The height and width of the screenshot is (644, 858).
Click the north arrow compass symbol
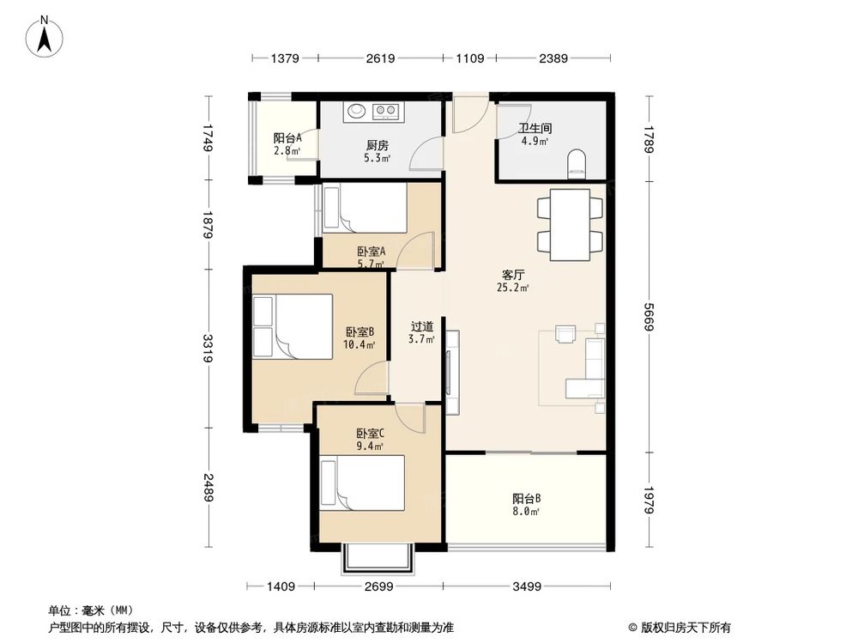click(45, 37)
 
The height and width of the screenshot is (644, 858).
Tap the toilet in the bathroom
click(577, 164)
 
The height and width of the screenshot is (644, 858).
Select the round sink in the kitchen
click(357, 111)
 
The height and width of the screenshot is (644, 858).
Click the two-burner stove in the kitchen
click(385, 111)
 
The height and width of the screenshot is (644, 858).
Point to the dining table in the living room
click(570, 224)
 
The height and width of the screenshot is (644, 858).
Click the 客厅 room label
click(513, 275)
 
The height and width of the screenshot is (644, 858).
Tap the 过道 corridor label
click(422, 326)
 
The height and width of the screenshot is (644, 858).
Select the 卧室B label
click(360, 331)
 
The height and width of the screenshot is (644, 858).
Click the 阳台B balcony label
click(527, 498)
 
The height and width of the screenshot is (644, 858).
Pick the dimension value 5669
click(649, 317)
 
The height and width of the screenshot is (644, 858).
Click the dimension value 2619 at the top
click(380, 58)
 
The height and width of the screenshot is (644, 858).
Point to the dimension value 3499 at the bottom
click(527, 586)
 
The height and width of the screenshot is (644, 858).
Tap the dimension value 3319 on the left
click(208, 348)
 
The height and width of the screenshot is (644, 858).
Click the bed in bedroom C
click(362, 483)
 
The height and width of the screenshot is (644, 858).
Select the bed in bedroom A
click(365, 208)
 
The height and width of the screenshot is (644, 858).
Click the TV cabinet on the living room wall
click(452, 373)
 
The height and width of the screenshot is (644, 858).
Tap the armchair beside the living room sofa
click(565, 333)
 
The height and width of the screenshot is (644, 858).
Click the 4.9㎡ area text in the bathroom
click(535, 141)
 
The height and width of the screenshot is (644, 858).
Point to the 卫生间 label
click(535, 128)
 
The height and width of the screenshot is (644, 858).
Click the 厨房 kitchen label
click(378, 145)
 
